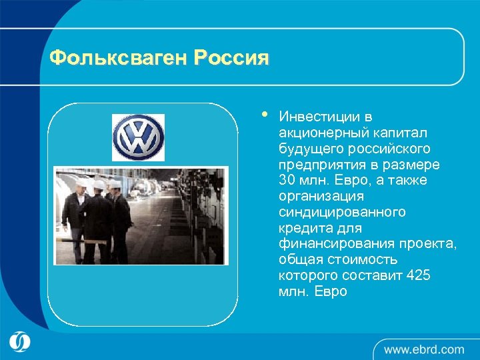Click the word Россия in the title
[x=231, y=59]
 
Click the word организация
[x=321, y=196]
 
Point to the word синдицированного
[x=343, y=212]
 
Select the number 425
[x=420, y=276]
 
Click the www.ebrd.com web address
[x=424, y=349]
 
